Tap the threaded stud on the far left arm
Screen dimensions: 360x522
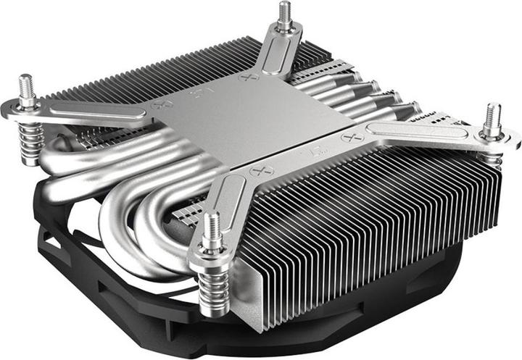click(x=27, y=87)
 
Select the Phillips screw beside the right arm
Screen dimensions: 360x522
click(x=355, y=135)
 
